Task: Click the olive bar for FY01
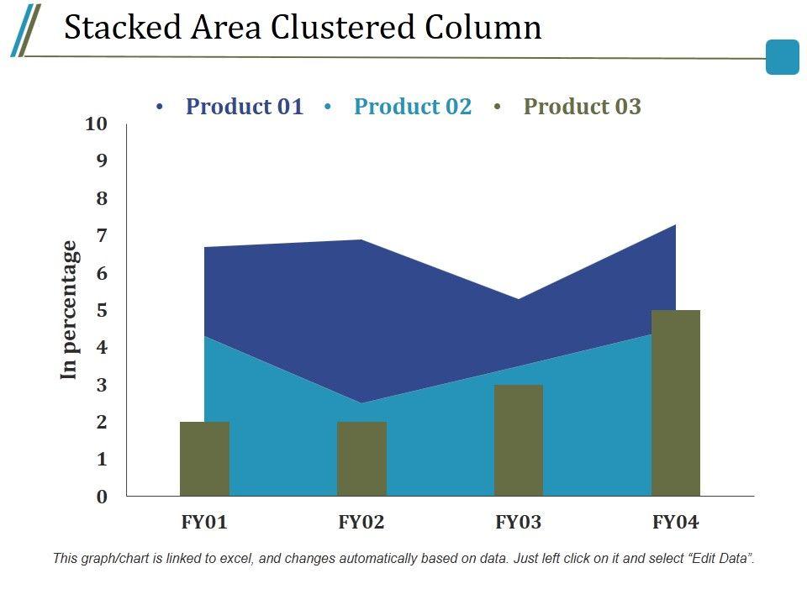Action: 204,459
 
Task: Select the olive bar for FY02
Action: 361,459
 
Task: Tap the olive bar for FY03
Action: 519,440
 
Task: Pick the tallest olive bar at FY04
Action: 676,403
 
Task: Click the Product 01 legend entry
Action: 244,107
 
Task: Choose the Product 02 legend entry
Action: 413,107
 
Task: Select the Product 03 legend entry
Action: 582,107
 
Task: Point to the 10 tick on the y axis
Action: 97,124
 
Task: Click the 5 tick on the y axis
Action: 102,310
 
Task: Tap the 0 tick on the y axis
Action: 102,497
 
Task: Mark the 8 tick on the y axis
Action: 102,198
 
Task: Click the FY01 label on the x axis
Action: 204,522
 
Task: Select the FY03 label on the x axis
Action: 519,522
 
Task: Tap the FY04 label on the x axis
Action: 676,522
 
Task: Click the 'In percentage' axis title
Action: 69,310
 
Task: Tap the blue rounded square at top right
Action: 783,57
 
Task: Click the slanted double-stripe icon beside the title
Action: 25,30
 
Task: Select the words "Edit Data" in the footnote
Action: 720,558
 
